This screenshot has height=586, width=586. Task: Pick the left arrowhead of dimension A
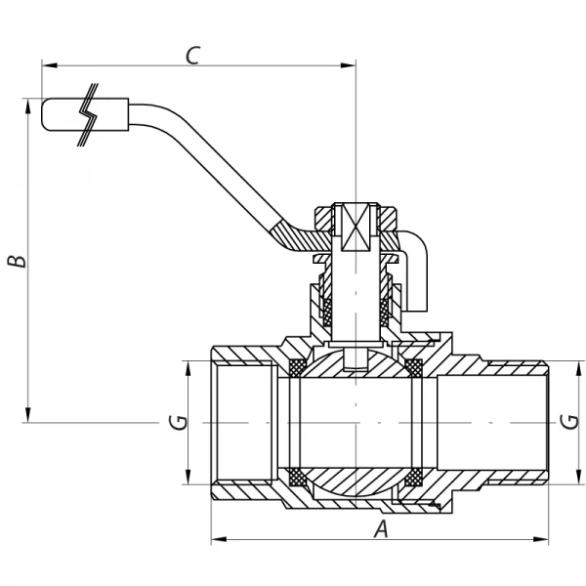click(218, 539)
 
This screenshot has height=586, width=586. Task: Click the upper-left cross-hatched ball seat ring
click(295, 367)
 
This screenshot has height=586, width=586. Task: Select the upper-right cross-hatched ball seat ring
click(414, 367)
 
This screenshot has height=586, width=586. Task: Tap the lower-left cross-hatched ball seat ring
click(295, 478)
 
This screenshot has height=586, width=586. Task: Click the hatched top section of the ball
click(356, 362)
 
